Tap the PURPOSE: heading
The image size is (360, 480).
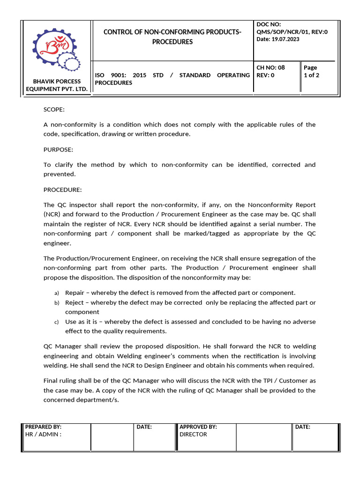tap(58, 150)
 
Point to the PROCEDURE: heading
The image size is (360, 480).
tap(62, 190)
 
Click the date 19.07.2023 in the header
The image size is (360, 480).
tap(284, 39)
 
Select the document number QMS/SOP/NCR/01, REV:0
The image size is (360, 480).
tap(292, 31)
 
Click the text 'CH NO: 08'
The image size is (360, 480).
tap(270, 67)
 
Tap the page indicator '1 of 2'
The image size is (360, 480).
tap(312, 75)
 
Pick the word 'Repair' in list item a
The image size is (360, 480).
tap(74, 292)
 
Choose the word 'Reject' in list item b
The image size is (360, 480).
tap(74, 302)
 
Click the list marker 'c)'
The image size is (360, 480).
tap(56, 322)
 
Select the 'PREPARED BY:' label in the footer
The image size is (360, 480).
tap(43, 427)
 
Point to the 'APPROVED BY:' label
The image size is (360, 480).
tap(198, 427)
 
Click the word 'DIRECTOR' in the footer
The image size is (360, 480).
tap(193, 435)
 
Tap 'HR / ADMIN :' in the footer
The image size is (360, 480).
tap(43, 435)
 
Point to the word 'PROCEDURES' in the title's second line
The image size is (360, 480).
tap(172, 42)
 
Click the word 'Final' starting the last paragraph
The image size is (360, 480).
tap(52, 381)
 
